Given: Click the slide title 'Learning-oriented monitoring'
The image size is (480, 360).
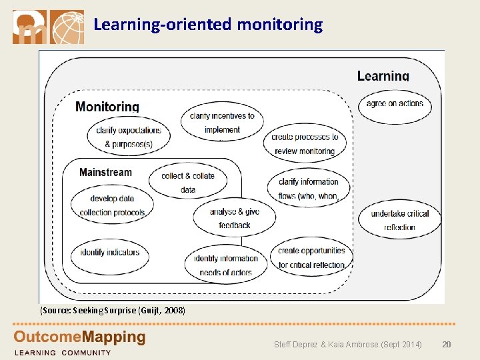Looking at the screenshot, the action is pos(208,25).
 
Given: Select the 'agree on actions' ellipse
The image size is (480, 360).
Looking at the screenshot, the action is pos(395,104).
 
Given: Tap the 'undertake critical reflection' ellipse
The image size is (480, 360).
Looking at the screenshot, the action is pos(399,220).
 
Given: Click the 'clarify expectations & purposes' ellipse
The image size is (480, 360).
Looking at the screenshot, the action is pos(128,137).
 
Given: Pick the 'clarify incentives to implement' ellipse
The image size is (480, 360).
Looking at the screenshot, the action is pos(222,123).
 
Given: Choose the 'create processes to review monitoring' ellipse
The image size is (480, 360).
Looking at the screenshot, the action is pos(305,144).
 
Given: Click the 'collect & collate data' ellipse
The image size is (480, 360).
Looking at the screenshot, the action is pos(188,182).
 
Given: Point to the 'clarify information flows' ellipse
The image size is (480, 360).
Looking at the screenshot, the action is pos(309,189).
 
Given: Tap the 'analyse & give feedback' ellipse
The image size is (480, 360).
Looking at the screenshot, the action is pos(234,218).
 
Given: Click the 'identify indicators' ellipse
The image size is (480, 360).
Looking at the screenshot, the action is pos(110,253).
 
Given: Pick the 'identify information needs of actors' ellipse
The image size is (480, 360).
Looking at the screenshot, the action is pos(226,265).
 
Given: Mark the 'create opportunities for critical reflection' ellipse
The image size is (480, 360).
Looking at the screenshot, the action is pos(311,257).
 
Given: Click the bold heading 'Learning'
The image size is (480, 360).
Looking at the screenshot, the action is pos(383,76).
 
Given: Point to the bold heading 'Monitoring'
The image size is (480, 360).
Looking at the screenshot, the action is pos(107,107).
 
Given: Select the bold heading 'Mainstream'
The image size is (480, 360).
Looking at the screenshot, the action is pos(105,173).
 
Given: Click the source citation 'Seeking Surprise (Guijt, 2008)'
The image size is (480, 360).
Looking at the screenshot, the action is pos(113,311).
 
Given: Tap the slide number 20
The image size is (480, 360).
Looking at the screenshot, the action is pos(447,344).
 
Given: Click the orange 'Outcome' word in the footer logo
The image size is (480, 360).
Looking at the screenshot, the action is pos(43,337).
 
